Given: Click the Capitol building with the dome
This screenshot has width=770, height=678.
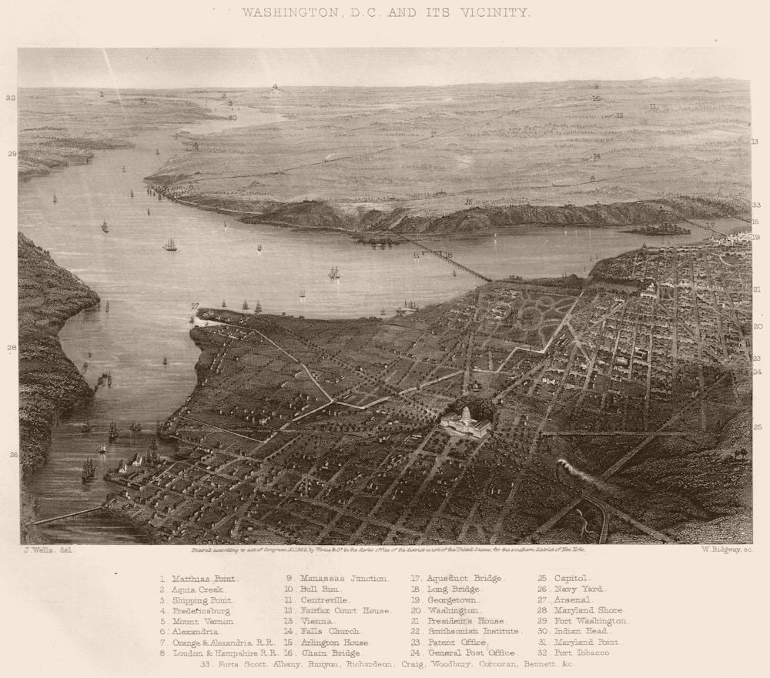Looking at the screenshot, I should (466, 422).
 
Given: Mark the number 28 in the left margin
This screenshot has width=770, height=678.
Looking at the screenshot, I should (12, 348).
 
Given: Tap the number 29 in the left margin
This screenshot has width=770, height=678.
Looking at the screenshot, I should (12, 154).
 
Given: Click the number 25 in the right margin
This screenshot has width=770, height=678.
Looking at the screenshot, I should (758, 426).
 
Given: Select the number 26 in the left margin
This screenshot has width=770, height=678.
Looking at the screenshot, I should (13, 455).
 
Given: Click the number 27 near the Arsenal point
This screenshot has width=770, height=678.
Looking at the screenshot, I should (195, 306).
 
